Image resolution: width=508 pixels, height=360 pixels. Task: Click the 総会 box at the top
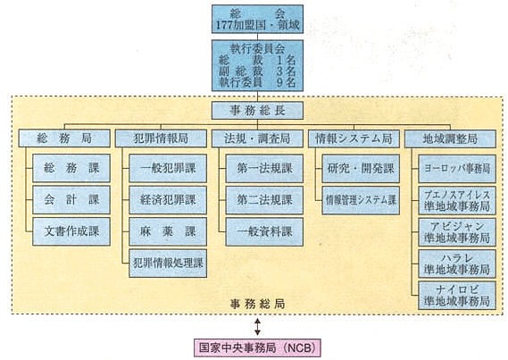point(257,19)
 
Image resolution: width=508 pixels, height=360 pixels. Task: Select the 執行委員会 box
point(257,65)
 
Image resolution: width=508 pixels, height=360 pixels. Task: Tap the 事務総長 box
point(257,111)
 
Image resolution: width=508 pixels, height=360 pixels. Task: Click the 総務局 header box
point(64,138)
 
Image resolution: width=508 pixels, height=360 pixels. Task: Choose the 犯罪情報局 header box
point(161,138)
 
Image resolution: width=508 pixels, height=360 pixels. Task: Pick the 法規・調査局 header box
point(257,138)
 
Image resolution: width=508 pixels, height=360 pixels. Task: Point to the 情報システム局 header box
point(354,138)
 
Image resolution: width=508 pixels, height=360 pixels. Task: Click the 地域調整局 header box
point(450,138)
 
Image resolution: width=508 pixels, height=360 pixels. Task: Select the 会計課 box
point(71,199)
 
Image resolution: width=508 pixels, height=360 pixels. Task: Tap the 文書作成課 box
point(71,231)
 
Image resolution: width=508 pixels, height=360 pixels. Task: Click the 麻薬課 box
point(168,231)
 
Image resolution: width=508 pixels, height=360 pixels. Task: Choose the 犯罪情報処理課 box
point(168,264)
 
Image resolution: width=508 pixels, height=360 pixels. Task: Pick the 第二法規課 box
point(264,200)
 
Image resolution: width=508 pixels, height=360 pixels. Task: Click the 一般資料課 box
point(264,231)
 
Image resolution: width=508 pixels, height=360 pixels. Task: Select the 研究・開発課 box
point(361,169)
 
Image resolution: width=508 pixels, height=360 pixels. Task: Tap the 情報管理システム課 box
point(361,200)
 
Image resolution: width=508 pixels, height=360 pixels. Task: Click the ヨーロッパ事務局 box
point(457,169)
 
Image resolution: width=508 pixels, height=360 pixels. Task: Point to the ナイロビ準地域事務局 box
point(457,295)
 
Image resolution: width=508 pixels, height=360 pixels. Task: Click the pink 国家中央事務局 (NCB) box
point(257,347)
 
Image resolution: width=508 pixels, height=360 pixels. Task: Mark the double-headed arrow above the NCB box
point(257,327)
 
